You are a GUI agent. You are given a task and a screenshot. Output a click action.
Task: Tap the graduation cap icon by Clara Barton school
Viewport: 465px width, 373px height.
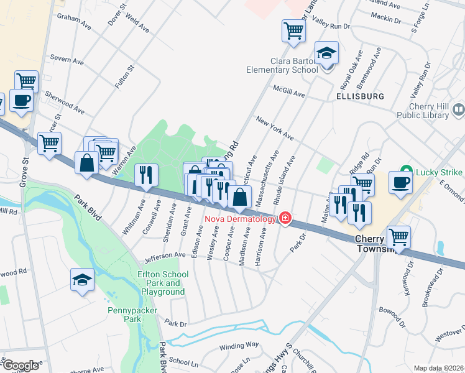(x=326, y=53)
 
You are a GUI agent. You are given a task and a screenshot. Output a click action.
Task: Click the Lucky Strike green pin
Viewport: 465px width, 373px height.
(x=405, y=169)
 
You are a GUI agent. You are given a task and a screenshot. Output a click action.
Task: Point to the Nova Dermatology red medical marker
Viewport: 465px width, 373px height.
(x=285, y=218)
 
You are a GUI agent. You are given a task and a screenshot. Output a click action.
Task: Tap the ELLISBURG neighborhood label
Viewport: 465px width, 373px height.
(x=359, y=97)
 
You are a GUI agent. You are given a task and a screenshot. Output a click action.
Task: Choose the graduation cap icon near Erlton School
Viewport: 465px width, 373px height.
(x=81, y=280)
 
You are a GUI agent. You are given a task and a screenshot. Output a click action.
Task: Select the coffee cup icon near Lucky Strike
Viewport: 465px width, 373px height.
(x=400, y=183)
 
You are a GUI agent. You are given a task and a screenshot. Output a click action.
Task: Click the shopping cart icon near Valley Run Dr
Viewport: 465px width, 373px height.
(x=293, y=30)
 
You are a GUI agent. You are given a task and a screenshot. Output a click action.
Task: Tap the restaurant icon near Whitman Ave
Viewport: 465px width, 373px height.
(x=146, y=175)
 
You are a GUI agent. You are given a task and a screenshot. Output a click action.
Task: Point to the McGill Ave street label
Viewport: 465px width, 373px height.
(x=289, y=91)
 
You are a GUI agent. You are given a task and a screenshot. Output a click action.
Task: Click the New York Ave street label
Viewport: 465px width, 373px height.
(x=274, y=127)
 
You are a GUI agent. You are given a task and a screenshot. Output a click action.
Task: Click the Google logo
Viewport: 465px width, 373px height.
(x=20, y=366)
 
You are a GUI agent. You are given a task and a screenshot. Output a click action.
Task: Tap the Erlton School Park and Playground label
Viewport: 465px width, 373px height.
(x=160, y=283)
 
